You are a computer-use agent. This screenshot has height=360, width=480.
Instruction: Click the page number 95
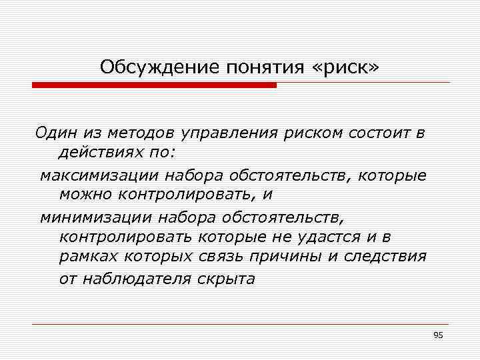click(437, 335)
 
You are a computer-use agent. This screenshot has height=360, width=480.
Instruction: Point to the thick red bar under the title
click(154, 85)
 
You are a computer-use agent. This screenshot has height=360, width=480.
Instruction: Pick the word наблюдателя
click(136, 279)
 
